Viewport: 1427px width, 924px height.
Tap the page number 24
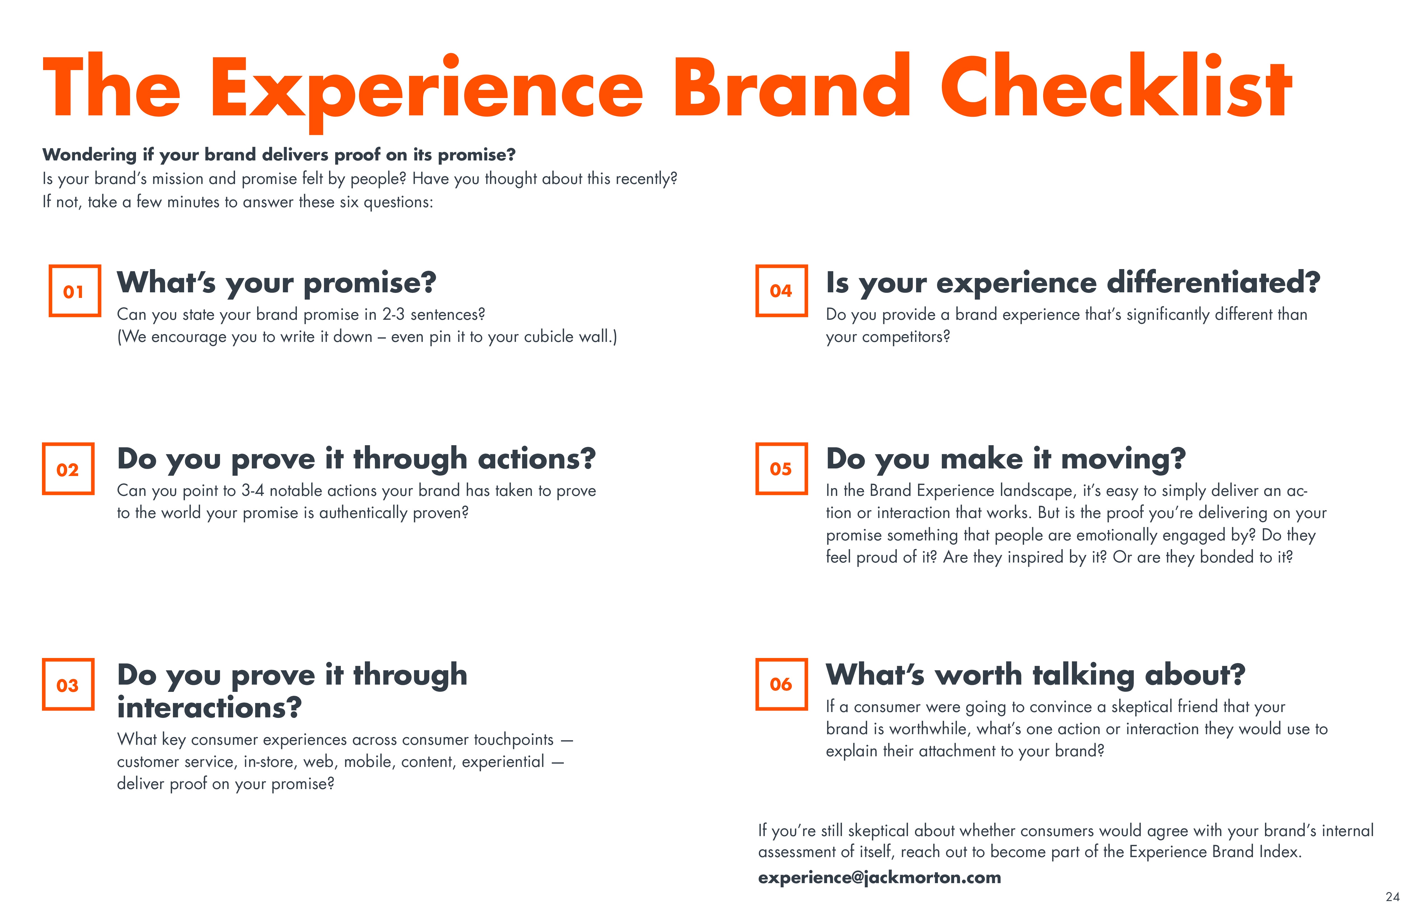click(1392, 897)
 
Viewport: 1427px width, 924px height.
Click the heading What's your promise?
click(276, 283)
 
